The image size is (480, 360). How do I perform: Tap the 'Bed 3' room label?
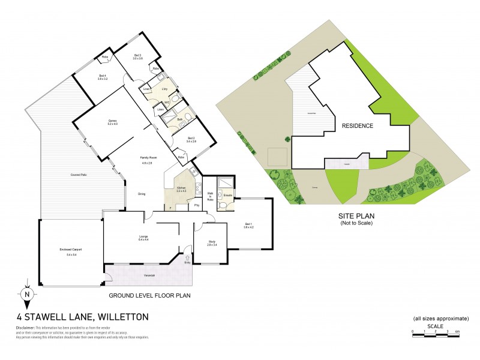[x=137, y=56]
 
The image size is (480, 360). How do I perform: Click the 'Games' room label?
[x=112, y=122]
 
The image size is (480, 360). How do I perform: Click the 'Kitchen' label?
[x=181, y=189]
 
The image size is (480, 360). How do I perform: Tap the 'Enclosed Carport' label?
[x=67, y=251]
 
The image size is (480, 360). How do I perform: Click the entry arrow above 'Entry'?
[x=187, y=255]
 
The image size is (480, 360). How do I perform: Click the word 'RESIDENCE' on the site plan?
[x=358, y=126]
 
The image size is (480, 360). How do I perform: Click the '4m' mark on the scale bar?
[x=457, y=331]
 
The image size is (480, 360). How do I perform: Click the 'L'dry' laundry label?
[x=163, y=89]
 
